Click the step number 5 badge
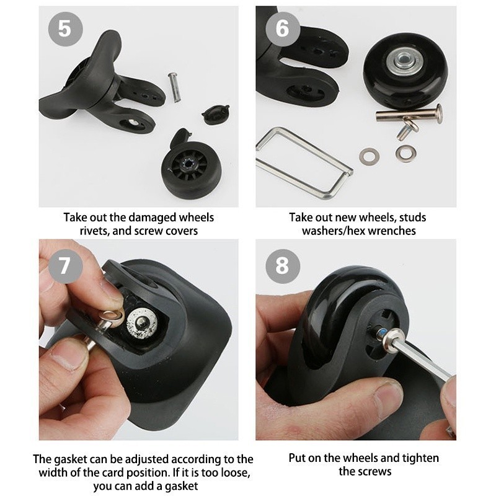click(x=66, y=29)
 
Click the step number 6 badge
click(x=283, y=29)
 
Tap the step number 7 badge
click(x=66, y=266)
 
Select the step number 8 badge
click(x=283, y=266)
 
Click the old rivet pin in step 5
click(x=173, y=87)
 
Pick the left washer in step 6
click(x=370, y=156)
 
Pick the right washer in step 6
click(x=406, y=153)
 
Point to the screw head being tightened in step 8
click(x=381, y=334)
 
